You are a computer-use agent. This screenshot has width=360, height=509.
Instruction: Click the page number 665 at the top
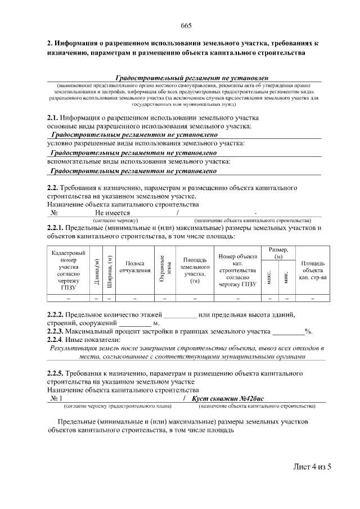(186, 26)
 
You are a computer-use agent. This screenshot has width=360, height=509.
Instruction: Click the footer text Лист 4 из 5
(312, 467)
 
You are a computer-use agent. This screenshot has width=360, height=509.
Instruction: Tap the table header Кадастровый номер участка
(68, 270)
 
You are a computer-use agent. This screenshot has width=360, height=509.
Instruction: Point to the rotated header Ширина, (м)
(109, 271)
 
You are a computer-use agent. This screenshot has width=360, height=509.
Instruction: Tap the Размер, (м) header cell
(278, 253)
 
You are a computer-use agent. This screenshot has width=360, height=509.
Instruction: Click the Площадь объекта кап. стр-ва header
(313, 270)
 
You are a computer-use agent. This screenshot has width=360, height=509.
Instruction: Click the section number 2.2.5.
(56, 373)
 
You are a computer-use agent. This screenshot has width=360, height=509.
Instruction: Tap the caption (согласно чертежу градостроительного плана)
(118, 406)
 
